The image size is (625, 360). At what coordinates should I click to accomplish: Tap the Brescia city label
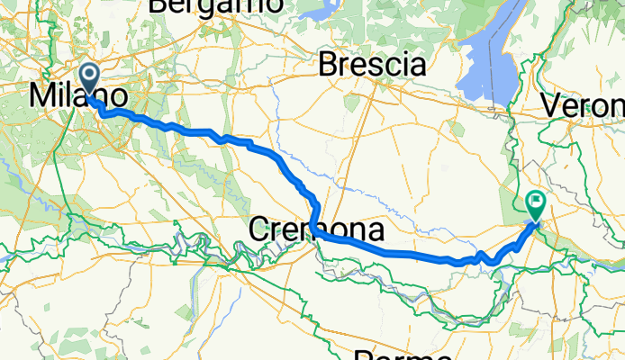point(372,65)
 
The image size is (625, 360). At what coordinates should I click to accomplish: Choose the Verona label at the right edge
point(584,105)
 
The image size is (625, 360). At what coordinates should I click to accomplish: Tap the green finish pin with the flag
point(536,205)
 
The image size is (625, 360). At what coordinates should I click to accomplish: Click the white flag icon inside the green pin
point(536,202)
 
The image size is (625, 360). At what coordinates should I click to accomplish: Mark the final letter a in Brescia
point(417,66)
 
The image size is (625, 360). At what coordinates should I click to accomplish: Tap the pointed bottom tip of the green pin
point(536,221)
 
